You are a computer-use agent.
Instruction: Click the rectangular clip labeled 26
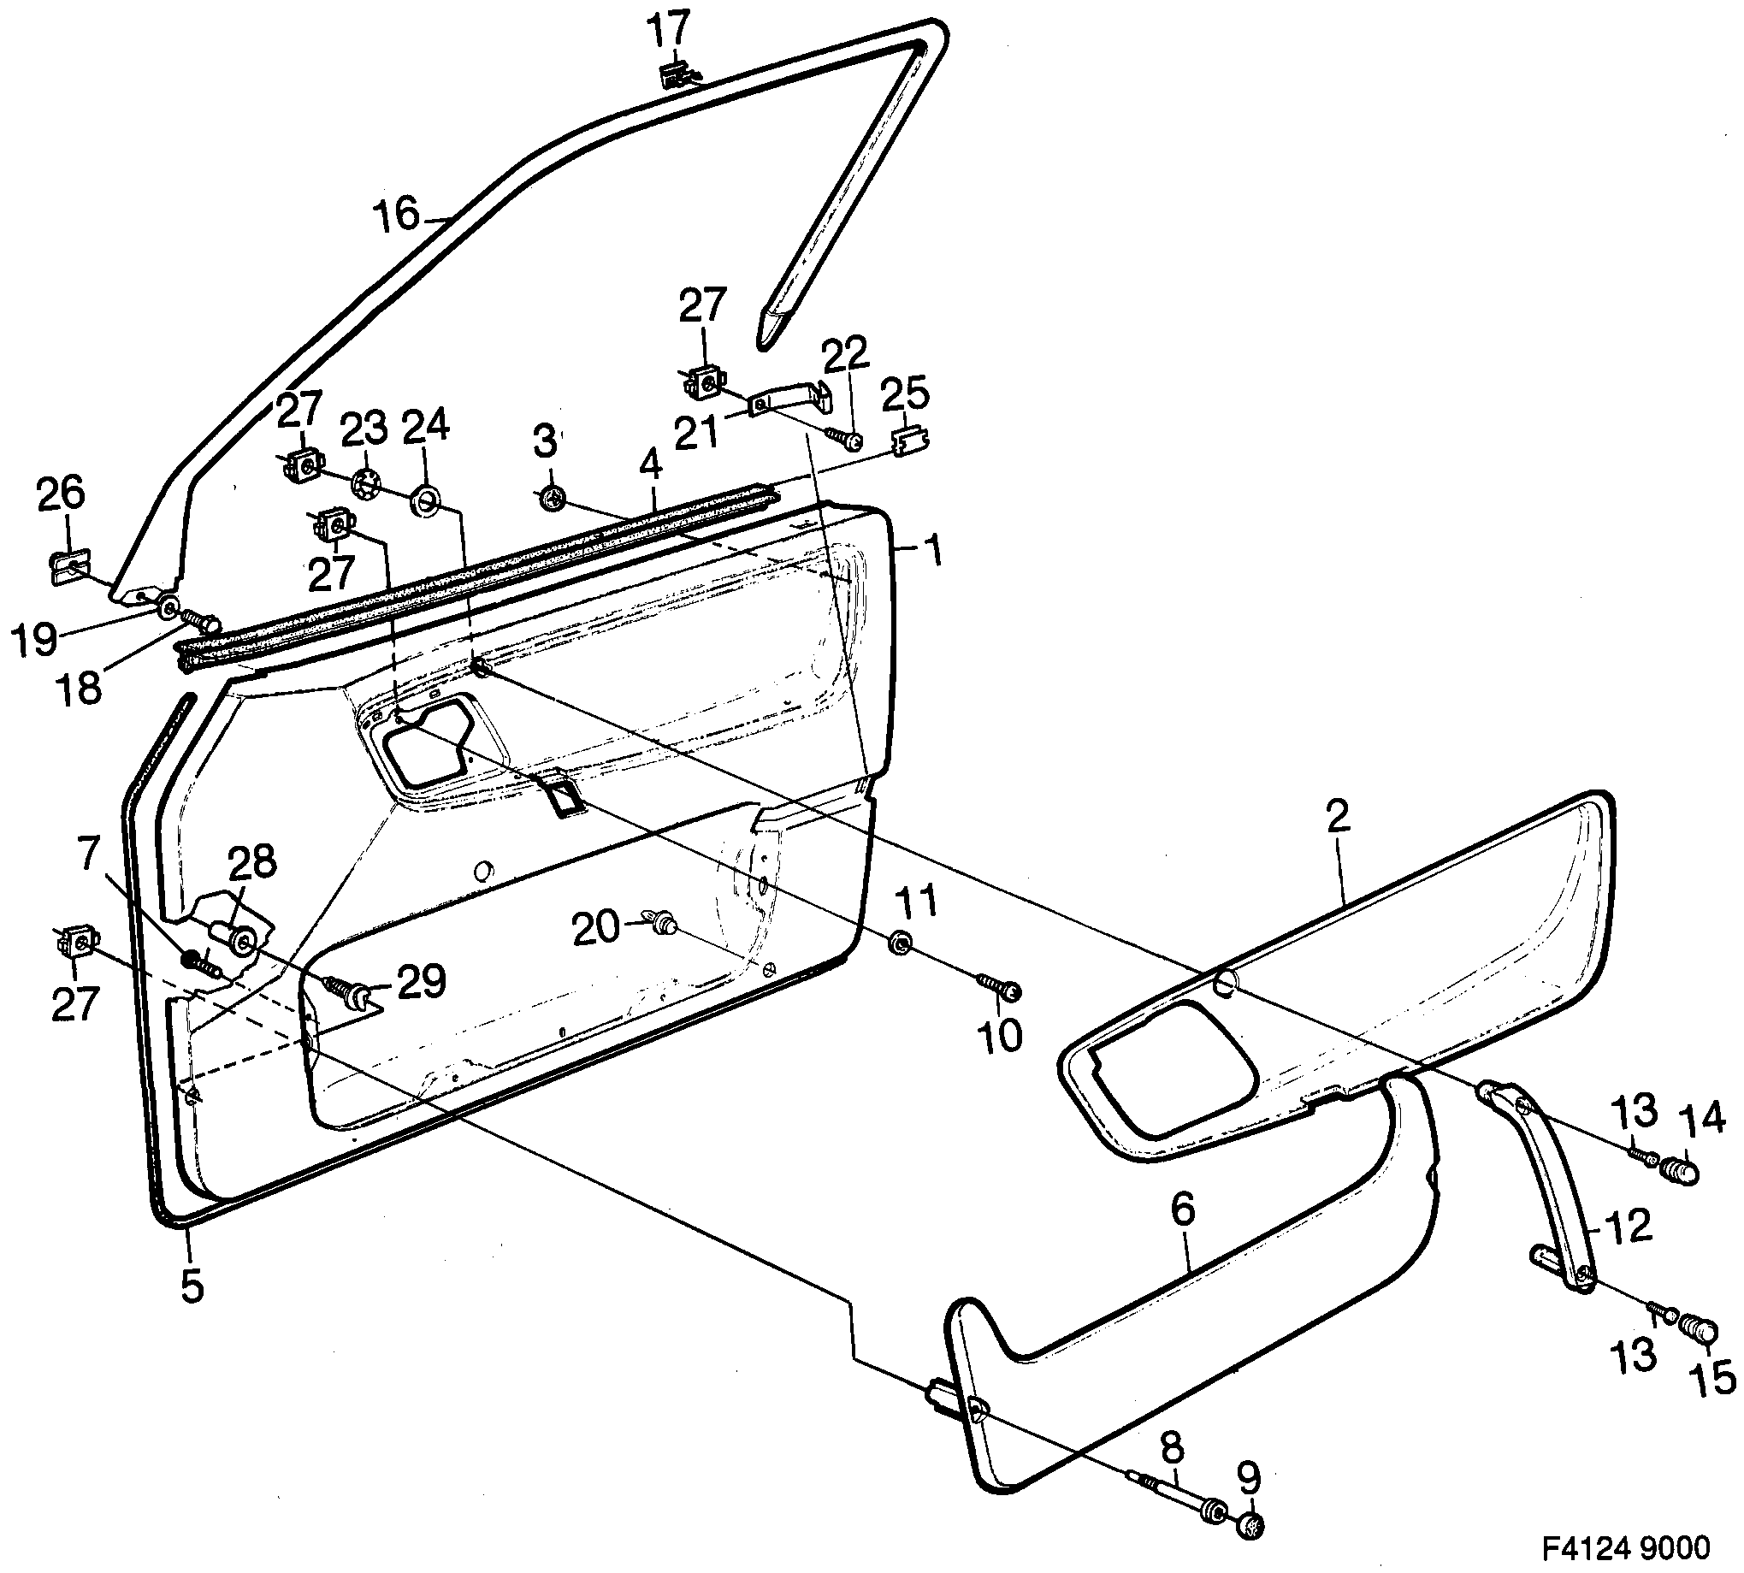click(x=68, y=568)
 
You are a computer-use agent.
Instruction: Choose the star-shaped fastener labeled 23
click(x=366, y=483)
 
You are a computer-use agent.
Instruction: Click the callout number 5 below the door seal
click(x=191, y=1286)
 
